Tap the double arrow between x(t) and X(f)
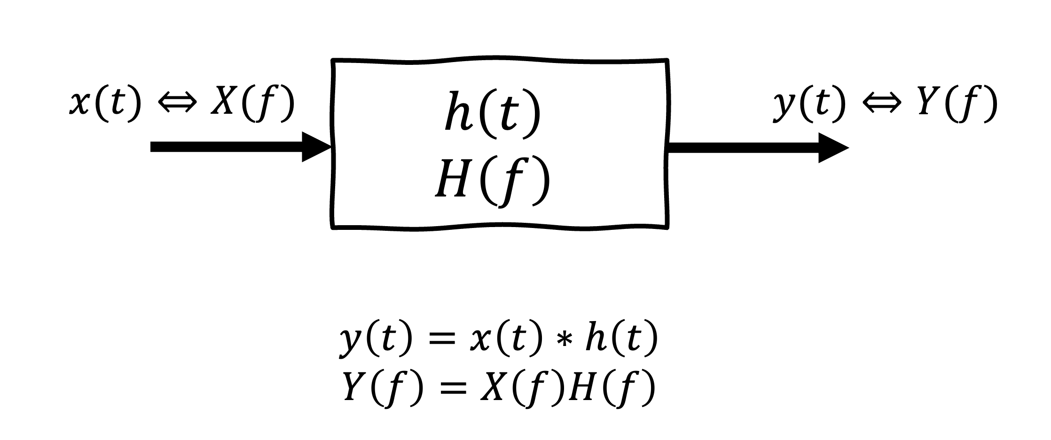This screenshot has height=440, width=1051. [x=176, y=104]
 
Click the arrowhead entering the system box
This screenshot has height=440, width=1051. [x=317, y=147]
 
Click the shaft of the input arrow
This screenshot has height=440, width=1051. [x=226, y=147]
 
